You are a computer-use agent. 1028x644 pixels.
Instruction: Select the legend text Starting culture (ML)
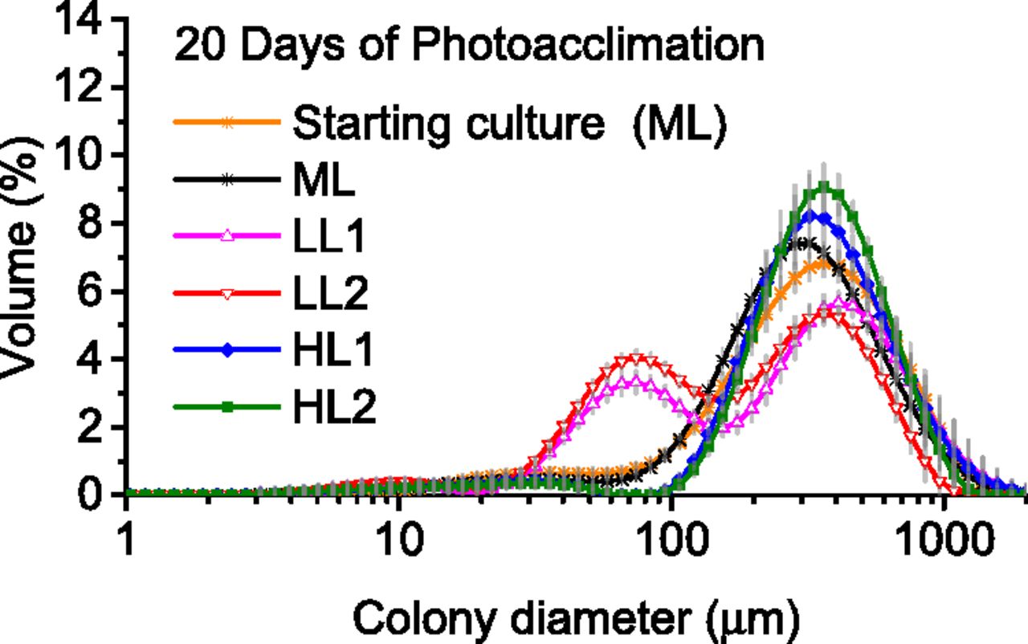pos(509,124)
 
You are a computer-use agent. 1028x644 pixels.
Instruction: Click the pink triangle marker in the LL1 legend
pos(227,236)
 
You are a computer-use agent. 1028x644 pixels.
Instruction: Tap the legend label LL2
pos(329,295)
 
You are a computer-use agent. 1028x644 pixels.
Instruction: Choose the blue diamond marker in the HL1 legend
pos(227,352)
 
